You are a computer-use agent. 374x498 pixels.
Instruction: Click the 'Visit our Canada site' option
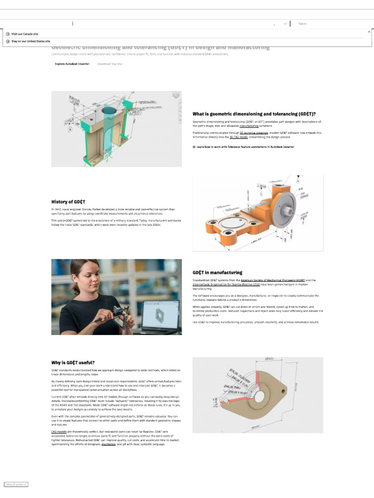click(24, 34)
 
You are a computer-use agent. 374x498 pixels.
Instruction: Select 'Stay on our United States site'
click(30, 41)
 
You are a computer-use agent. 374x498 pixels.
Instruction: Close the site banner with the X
click(369, 31)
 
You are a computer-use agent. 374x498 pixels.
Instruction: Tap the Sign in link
click(302, 23)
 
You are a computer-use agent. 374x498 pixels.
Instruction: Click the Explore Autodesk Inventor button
click(72, 64)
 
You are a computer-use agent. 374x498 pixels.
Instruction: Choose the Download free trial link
click(110, 64)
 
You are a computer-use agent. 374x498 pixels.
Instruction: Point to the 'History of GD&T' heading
click(69, 201)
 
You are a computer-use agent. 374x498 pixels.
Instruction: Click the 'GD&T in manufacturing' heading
click(217, 272)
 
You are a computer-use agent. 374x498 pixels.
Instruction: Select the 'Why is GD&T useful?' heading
click(73, 362)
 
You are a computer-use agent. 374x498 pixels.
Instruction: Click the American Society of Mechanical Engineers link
click(273, 280)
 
